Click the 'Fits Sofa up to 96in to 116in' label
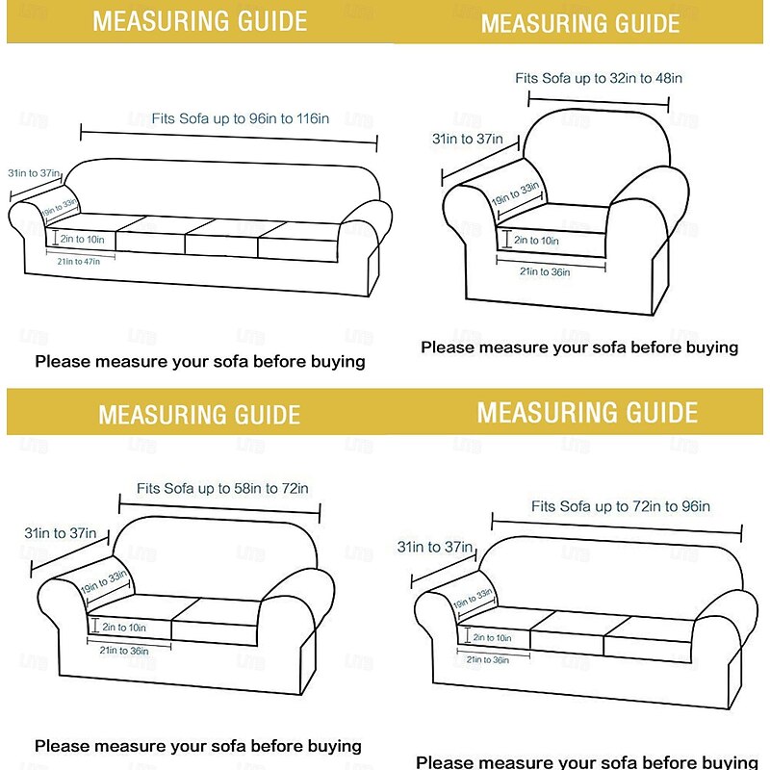240,119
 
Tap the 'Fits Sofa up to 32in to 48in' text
598,78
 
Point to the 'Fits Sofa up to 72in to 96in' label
620,506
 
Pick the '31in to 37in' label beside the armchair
467,139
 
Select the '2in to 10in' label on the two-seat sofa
123,628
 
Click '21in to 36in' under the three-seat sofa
487,659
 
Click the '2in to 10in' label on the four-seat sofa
82,238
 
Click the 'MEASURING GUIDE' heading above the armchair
580,23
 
